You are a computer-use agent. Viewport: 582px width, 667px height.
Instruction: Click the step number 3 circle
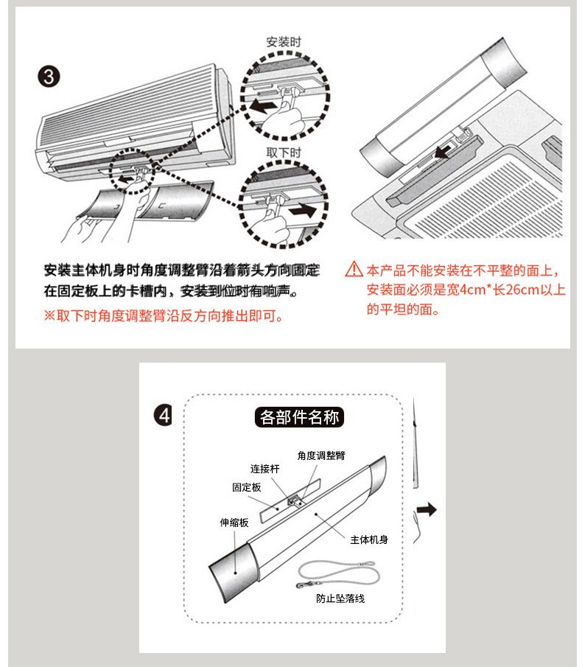tap(49, 77)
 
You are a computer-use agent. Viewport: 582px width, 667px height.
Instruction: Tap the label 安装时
tap(284, 43)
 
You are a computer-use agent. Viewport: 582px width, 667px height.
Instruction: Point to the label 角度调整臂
tap(320, 456)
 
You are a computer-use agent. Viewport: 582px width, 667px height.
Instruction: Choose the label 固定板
tap(247, 488)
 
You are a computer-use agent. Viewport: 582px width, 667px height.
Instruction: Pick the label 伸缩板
tap(234, 523)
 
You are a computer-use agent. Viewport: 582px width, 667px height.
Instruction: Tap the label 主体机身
tap(369, 539)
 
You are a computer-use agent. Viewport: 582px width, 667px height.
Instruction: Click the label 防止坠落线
tap(340, 598)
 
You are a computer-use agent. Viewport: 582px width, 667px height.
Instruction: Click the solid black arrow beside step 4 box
tap(427, 509)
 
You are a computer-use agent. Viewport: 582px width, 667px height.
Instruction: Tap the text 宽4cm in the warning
tap(468, 290)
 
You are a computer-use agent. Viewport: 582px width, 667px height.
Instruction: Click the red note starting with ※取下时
tap(164, 315)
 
